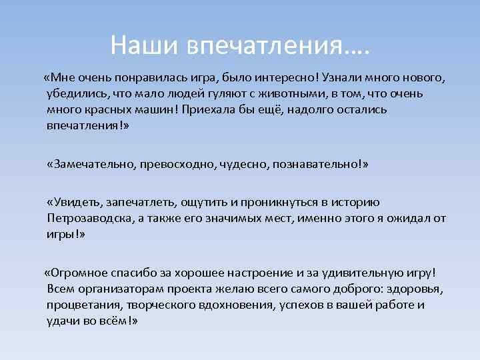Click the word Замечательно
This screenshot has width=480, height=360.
[93, 164]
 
